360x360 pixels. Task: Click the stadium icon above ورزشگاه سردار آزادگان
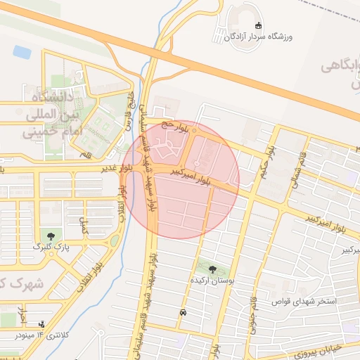tap(258, 26)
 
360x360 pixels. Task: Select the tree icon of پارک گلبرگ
tap(50, 236)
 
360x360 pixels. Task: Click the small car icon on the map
tap(184, 312)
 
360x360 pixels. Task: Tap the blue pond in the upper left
tap(22, 51)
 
